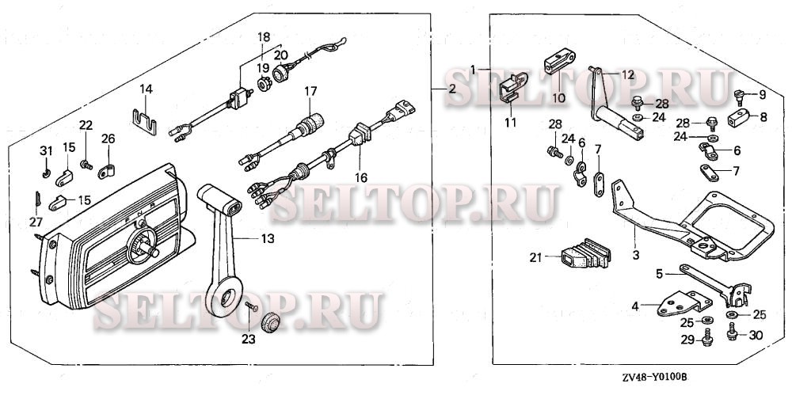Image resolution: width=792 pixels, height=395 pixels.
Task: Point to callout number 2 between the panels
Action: click(x=451, y=89)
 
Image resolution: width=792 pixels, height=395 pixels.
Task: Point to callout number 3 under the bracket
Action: click(x=634, y=255)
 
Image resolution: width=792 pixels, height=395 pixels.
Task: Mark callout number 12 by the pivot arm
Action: click(x=627, y=74)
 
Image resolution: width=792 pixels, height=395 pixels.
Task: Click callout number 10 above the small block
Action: click(x=558, y=98)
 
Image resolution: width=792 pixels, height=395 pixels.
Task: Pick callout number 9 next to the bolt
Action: click(x=762, y=95)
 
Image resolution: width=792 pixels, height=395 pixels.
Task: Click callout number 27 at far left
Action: click(x=36, y=222)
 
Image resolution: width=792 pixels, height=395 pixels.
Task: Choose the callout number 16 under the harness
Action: click(x=361, y=179)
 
